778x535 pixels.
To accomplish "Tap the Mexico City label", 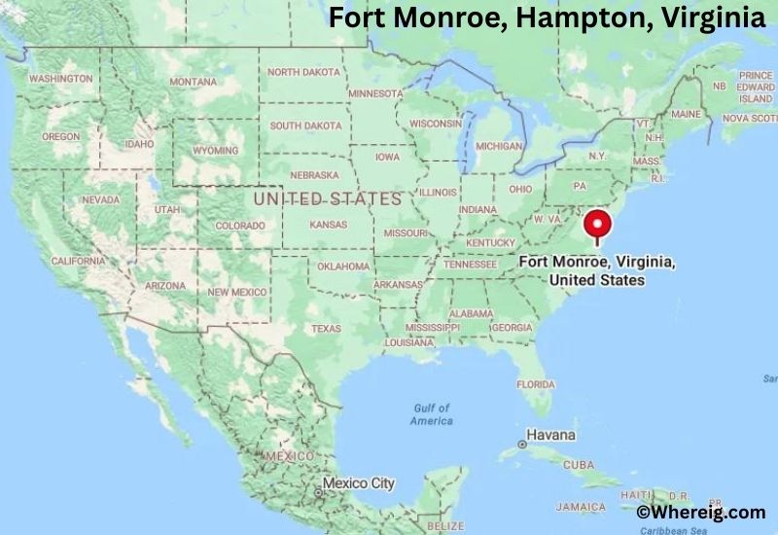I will click(358, 482).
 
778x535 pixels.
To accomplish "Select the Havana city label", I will click(550, 434).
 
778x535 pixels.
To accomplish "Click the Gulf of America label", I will click(432, 414).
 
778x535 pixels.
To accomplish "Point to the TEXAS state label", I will click(326, 329).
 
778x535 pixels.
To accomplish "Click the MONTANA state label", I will click(193, 83).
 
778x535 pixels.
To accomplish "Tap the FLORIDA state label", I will click(535, 384).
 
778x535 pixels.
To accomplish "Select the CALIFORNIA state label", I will click(77, 261).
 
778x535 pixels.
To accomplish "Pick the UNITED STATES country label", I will click(327, 198).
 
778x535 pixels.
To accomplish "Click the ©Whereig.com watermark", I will click(701, 512).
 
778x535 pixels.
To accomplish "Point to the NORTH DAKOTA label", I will click(304, 72).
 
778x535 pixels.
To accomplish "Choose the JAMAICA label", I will click(582, 507).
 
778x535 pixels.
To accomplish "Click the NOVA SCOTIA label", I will click(749, 118).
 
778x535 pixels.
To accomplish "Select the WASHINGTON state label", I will click(59, 78).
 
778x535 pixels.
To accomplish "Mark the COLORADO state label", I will click(239, 225).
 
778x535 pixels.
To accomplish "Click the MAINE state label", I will click(686, 114).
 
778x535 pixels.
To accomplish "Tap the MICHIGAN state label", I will click(499, 146).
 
